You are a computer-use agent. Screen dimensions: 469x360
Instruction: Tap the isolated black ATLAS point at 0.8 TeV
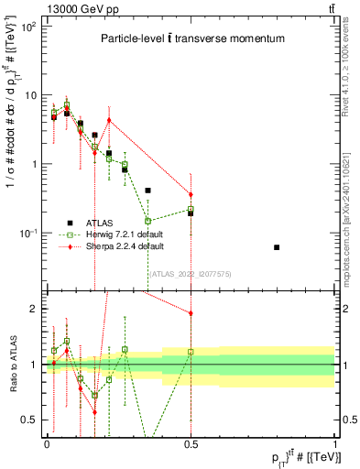pyautogui.click(x=277, y=247)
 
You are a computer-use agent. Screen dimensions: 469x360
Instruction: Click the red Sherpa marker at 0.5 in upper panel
pyautogui.click(x=191, y=194)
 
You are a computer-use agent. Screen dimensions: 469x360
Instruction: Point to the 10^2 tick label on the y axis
pyautogui.click(x=29, y=27)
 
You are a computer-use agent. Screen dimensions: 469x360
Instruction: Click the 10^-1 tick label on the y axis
pyautogui.click(x=29, y=234)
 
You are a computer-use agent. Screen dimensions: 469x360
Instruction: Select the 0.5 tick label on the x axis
pyautogui.click(x=191, y=443)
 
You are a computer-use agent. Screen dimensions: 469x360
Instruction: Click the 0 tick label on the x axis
pyautogui.click(x=47, y=443)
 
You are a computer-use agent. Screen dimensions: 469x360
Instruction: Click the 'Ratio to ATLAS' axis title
pyautogui.click(x=11, y=365)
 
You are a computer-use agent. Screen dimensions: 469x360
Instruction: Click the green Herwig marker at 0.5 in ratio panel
pyautogui.click(x=191, y=352)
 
